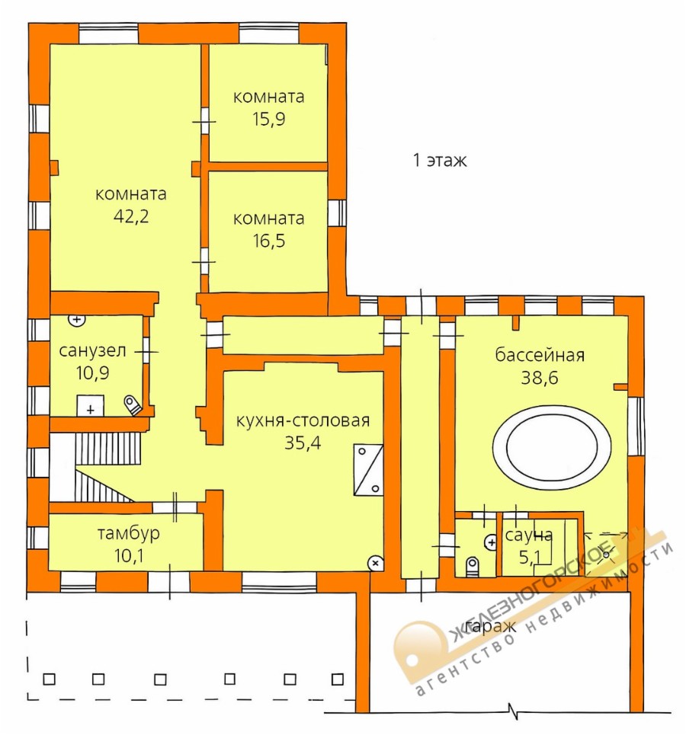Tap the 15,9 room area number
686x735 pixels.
269,119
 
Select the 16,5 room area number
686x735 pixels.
269,241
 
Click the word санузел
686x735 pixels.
92,350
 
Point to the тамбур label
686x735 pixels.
129,533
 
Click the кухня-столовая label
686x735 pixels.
303,420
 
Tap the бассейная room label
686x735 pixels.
540,355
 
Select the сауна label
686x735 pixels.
528,535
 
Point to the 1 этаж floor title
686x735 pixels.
440,160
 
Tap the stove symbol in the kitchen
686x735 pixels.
368,470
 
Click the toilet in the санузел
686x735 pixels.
133,405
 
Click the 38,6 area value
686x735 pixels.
540,377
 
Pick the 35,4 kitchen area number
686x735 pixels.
303,443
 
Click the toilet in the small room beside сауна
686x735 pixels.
473,566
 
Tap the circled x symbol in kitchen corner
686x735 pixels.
375,564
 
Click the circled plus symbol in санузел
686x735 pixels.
76,320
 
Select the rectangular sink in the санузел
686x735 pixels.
91,406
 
